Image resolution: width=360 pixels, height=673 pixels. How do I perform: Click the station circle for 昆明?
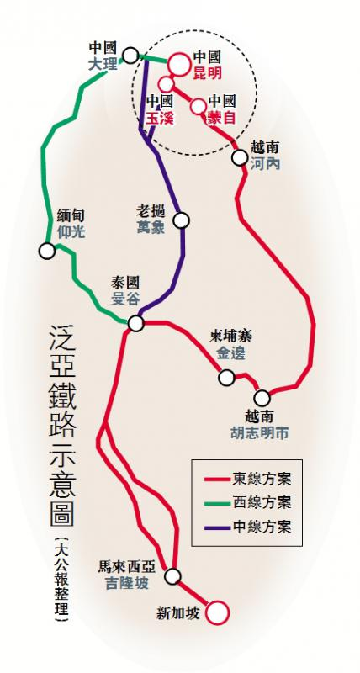[179, 63]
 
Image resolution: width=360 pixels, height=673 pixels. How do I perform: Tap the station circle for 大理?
[130, 56]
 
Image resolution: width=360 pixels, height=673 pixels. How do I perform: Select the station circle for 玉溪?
[167, 85]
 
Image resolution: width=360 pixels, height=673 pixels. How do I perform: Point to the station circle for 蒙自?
[199, 106]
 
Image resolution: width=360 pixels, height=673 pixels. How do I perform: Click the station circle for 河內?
[237, 155]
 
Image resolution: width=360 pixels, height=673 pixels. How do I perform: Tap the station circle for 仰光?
[46, 251]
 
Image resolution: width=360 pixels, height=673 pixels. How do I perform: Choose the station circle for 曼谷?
[136, 323]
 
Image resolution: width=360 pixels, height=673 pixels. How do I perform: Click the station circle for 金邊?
[225, 378]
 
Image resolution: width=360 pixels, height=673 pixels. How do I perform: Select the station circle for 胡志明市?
[263, 398]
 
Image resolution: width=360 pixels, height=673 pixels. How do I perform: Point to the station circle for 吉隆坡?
[173, 576]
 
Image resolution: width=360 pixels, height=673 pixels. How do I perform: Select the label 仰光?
[71, 231]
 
